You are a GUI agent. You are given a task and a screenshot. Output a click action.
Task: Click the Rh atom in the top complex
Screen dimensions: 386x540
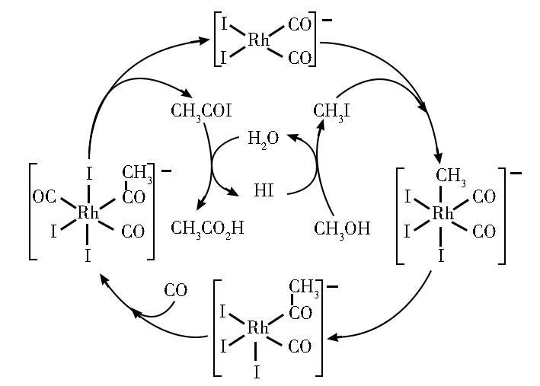258,40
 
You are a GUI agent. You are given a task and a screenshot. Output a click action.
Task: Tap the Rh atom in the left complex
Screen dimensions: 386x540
88,213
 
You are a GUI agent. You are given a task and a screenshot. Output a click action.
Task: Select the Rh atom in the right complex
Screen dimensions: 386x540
443,213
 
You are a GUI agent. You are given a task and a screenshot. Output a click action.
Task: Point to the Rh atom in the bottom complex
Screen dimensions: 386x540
257,328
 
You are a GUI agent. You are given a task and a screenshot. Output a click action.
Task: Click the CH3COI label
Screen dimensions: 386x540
201,111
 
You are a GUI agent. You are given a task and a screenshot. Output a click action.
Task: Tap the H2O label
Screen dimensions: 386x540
263,139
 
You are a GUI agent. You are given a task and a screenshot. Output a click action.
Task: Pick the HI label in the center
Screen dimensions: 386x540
264,190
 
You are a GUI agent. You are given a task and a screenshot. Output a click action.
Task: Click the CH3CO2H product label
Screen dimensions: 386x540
207,228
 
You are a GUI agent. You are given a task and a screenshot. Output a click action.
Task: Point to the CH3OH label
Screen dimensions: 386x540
342,228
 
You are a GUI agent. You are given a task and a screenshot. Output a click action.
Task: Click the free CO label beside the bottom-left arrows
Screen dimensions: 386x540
175,290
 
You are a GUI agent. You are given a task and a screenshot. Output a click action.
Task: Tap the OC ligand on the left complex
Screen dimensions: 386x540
44,197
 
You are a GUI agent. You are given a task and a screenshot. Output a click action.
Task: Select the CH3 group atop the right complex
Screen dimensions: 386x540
450,176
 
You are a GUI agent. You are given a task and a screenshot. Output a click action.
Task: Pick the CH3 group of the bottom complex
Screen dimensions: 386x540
304,287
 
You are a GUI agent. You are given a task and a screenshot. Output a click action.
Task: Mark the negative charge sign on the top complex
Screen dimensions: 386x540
327,20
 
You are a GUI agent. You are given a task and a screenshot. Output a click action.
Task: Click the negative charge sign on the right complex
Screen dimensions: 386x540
516,174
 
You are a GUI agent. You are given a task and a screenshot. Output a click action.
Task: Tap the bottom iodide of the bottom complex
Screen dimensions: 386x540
257,372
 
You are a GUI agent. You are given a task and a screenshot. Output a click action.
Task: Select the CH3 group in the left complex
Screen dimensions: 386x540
137,173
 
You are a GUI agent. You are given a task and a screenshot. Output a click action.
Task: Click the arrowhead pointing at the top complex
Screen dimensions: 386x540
204,41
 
